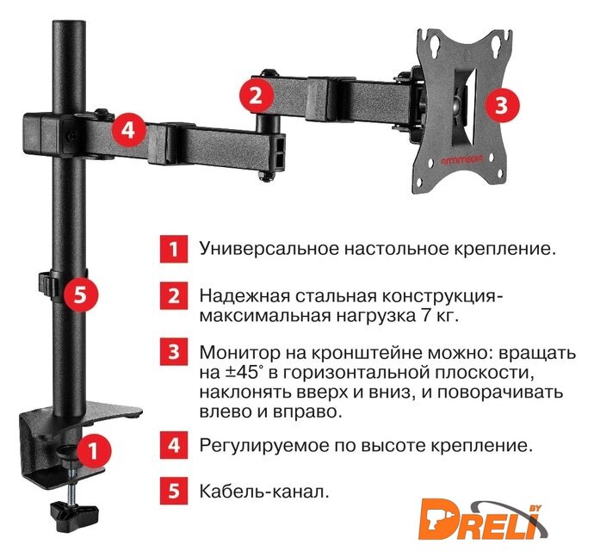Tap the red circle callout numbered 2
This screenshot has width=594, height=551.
pyautogui.click(x=256, y=95)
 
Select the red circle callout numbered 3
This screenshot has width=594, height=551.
pyautogui.click(x=502, y=105)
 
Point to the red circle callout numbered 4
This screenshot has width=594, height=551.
pyautogui.click(x=128, y=130)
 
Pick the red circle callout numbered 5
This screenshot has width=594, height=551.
pyautogui.click(x=80, y=294)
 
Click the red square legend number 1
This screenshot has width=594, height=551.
pyautogui.click(x=174, y=249)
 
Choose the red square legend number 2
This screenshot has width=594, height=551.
pyautogui.click(x=174, y=295)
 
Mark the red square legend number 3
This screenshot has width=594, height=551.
pyautogui.click(x=174, y=351)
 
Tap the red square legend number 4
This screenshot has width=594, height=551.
pyautogui.click(x=174, y=445)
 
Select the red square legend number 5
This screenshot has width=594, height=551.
pyautogui.click(x=174, y=491)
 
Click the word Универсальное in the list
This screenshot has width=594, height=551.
pyautogui.click(x=269, y=250)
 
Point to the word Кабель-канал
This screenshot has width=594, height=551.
pyautogui.click(x=264, y=492)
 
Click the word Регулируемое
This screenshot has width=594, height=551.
pyautogui.click(x=264, y=445)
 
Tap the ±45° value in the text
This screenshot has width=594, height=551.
pyautogui.click(x=244, y=372)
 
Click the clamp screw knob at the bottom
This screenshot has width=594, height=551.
pyautogui.click(x=74, y=517)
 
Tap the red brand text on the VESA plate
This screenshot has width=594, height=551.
pyautogui.click(x=462, y=160)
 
